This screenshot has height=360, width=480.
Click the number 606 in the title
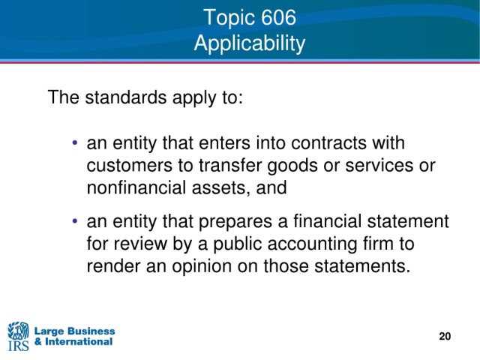pos(278,17)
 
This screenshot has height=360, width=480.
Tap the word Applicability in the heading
pos(250,43)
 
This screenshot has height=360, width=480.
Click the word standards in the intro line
pos(125,97)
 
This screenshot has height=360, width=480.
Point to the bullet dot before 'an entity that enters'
pos(75,142)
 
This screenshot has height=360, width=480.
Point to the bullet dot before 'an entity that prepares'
pos(75,220)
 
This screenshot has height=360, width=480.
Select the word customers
pos(130,166)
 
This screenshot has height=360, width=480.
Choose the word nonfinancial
pos(136,187)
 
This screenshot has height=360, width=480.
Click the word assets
pos(219,188)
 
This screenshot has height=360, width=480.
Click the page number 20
pos(445,336)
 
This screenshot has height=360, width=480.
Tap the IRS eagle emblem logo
pos(18,331)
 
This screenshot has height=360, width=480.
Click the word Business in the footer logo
pos(91,331)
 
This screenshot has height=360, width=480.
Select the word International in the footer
pos(79,341)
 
